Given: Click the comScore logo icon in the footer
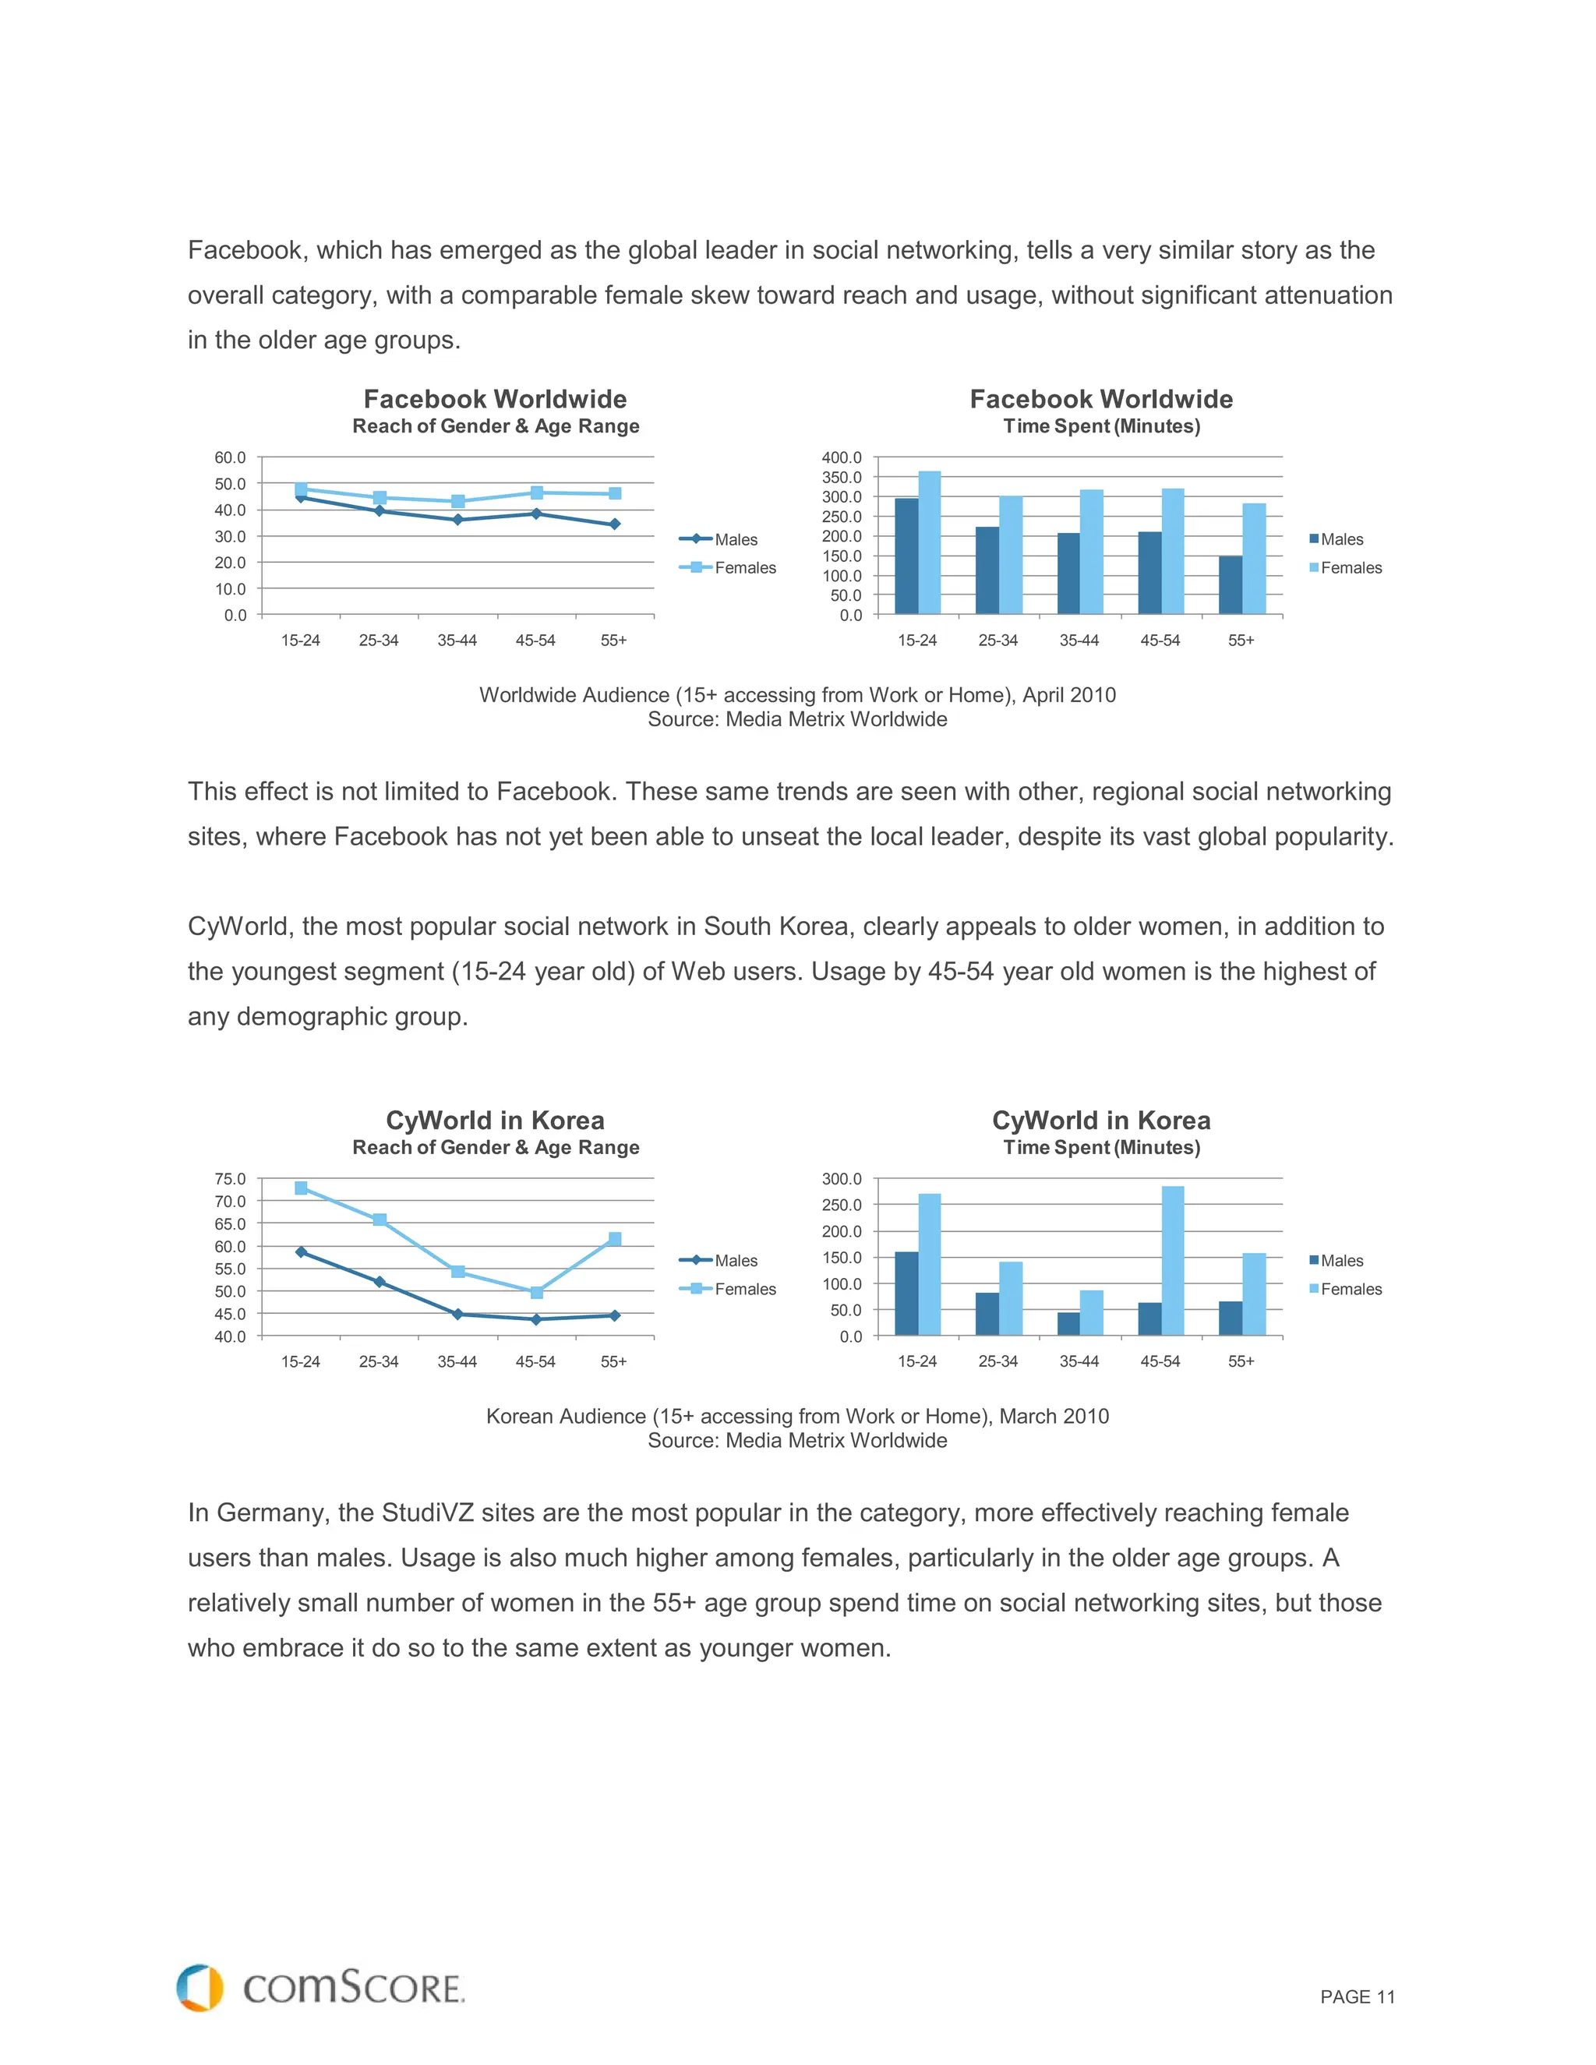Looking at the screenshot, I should click(x=199, y=1988).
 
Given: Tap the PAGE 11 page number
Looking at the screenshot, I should click(x=1357, y=1997).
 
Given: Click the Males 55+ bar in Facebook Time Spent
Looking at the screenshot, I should click(x=1230, y=585).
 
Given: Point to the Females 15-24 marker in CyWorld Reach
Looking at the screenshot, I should click(x=301, y=1188).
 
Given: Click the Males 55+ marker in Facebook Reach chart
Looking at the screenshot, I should click(x=615, y=524).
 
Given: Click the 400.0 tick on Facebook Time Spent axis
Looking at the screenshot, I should click(x=842, y=457).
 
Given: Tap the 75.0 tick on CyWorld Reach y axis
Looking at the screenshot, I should click(x=230, y=1179).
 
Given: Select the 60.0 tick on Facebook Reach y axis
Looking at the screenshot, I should click(x=230, y=457).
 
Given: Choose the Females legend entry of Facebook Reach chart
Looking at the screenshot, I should click(x=744, y=567).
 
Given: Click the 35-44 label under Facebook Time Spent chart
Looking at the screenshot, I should click(x=1079, y=640).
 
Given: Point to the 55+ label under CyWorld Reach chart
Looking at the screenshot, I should click(x=613, y=1361).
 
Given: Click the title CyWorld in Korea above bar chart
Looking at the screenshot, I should click(x=1100, y=1121).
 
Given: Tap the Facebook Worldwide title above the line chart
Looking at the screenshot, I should click(x=495, y=399).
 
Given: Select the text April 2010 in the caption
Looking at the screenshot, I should click(x=1068, y=695).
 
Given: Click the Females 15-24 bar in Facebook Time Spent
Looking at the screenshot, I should click(x=930, y=542).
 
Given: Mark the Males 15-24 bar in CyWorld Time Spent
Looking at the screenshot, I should click(x=906, y=1294).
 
